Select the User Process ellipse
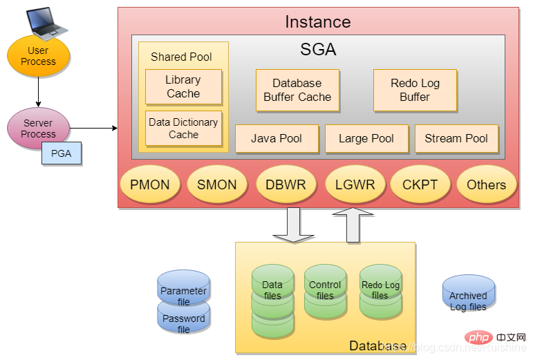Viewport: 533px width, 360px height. pyautogui.click(x=38, y=56)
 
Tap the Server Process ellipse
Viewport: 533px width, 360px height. pyautogui.click(x=38, y=129)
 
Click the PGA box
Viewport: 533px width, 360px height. pyautogui.click(x=62, y=153)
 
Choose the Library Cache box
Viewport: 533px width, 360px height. pyautogui.click(x=183, y=87)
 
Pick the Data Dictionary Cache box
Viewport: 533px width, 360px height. pyautogui.click(x=183, y=129)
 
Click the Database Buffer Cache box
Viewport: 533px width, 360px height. pyautogui.click(x=297, y=91)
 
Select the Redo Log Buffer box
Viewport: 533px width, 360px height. pyautogui.click(x=415, y=91)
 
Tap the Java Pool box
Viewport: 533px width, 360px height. pyautogui.click(x=277, y=138)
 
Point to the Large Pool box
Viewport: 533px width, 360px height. pyautogui.click(x=366, y=138)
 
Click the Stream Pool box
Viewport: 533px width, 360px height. pyautogui.click(x=456, y=138)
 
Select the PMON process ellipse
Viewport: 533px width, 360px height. pyautogui.click(x=150, y=184)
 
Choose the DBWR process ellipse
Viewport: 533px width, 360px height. pyautogui.click(x=286, y=184)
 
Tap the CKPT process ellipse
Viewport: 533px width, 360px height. pyautogui.click(x=420, y=184)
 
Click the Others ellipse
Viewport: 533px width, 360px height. pyautogui.click(x=486, y=184)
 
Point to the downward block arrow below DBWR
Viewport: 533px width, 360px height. pyautogui.click(x=289, y=225)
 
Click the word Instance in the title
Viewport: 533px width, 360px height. pyautogui.click(x=317, y=21)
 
